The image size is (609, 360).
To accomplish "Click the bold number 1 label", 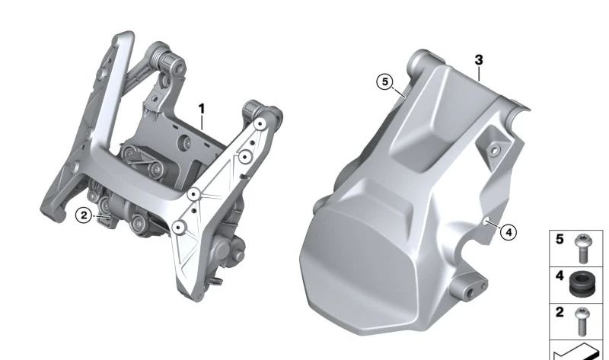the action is coord(201,110).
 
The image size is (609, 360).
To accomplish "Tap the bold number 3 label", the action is coord(479,60).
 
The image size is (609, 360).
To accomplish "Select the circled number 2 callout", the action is coord(84,215).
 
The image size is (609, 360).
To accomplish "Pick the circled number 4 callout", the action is coord(509,232).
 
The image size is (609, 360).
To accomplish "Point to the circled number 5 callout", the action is coord(385,81).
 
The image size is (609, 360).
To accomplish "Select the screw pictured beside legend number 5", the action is coord(582,249).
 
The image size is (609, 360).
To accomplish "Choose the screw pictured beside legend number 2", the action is coord(582,321).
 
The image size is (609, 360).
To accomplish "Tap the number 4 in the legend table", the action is coord(560,276).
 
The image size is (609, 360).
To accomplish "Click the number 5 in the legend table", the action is coord(560,239).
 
